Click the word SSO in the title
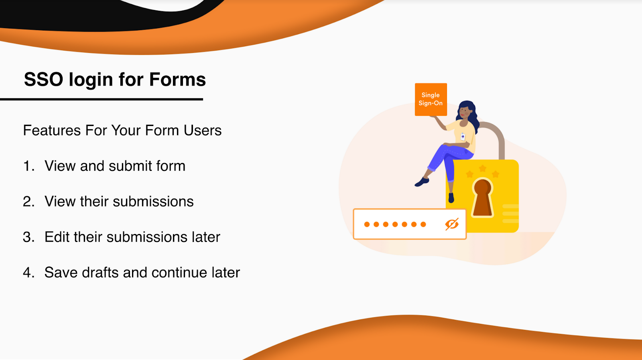pos(44,79)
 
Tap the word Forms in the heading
pos(177,79)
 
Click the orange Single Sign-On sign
pos(431,100)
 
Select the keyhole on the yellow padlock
pos(483,197)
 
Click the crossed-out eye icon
pos(452,224)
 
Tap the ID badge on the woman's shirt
pos(463,136)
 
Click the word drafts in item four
pos(100,273)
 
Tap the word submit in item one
pos(131,166)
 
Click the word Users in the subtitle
pos(203,130)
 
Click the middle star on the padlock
pos(483,168)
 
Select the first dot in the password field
pos(367,224)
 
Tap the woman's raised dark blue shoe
pos(422,182)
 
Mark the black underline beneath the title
pos(102,99)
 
